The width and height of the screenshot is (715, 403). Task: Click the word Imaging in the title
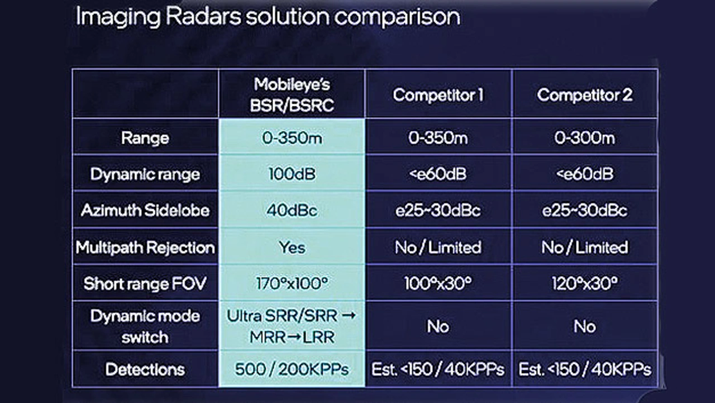[118, 17]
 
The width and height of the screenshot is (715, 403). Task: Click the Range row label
[145, 138]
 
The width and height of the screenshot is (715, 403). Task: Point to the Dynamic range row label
[145, 174]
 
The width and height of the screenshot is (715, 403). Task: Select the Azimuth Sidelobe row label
[145, 210]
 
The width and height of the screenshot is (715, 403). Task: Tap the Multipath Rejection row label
[145, 248]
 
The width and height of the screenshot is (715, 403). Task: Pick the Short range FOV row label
[145, 283]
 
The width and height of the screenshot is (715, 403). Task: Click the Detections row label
[145, 369]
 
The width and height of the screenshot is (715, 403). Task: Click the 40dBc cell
[292, 210]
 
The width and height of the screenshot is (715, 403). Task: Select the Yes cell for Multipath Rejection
[292, 247]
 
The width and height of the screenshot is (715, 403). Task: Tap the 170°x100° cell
[292, 283]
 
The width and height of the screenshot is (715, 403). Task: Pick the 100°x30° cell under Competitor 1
[438, 283]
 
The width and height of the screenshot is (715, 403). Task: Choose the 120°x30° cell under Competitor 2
[584, 283]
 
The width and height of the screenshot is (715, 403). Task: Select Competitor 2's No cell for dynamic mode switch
[584, 326]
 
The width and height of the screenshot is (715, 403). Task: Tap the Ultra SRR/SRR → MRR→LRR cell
[292, 326]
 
